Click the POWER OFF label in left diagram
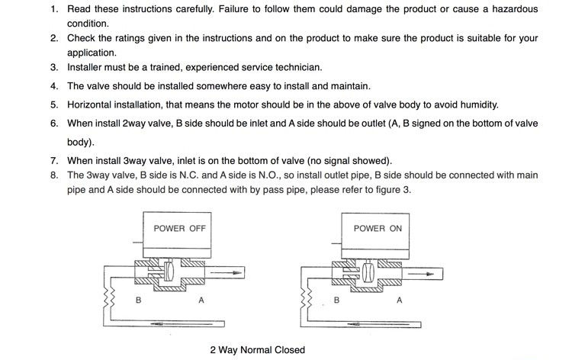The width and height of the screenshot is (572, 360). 179,228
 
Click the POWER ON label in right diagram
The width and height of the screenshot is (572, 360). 378,228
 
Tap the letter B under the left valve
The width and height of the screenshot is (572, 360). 138,301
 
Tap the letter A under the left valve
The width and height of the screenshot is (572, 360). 201,301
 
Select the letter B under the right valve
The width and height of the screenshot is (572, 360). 336,301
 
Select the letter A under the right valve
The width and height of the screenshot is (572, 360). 399,301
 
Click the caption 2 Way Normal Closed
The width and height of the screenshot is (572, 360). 257,350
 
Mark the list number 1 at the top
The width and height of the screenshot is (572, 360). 54,9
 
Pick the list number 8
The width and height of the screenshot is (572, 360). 54,175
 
